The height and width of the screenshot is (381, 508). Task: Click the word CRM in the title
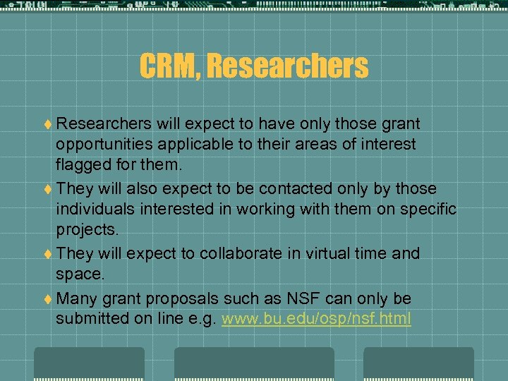[167, 66]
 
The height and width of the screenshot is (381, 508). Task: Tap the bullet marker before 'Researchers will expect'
[47, 124]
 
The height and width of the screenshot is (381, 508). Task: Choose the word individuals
[94, 209]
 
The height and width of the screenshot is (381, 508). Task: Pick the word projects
[87, 229]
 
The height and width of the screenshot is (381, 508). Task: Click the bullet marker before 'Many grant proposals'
[47, 299]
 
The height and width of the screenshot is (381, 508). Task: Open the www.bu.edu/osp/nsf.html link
[316, 319]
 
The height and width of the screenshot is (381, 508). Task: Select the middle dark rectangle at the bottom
[254, 364]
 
